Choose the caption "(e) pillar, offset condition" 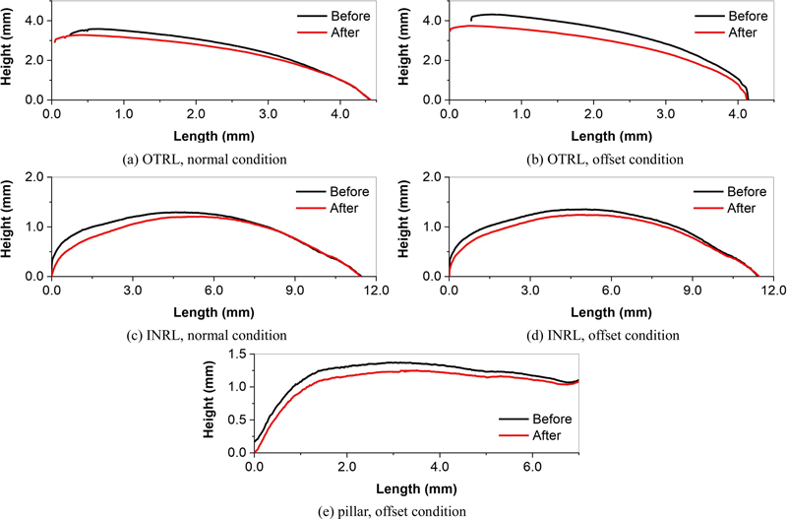(x=395, y=510)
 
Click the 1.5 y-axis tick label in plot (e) (x=235, y=353)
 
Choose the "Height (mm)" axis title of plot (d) (x=405, y=227)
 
